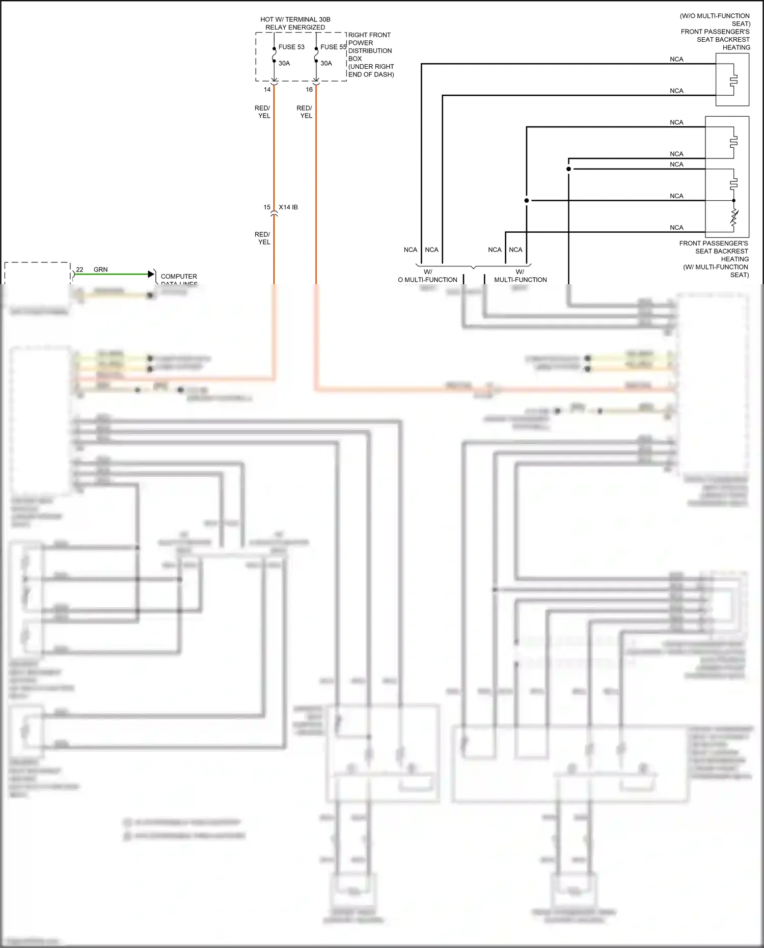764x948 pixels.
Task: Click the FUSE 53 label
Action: click(291, 47)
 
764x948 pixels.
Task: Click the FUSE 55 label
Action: click(333, 47)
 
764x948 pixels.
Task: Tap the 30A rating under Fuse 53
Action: click(284, 64)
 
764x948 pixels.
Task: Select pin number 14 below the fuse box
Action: click(267, 90)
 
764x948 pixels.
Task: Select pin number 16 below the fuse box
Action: click(309, 90)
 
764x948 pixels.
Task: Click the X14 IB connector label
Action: click(288, 207)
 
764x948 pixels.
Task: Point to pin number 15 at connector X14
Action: click(267, 207)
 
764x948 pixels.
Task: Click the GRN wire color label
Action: click(100, 269)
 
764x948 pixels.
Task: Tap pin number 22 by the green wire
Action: click(79, 269)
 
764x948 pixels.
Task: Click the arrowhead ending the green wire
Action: click(151, 274)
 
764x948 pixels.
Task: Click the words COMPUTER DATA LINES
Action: click(179, 280)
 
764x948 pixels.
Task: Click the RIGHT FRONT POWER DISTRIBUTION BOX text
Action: click(370, 55)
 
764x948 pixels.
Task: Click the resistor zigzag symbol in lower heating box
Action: click(734, 218)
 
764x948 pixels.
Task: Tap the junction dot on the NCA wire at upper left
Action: click(568, 169)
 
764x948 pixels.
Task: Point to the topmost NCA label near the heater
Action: click(676, 60)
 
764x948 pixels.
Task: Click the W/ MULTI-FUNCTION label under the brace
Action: click(520, 276)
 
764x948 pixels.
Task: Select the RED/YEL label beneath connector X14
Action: click(263, 238)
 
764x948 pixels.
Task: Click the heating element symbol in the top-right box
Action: click(733, 80)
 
